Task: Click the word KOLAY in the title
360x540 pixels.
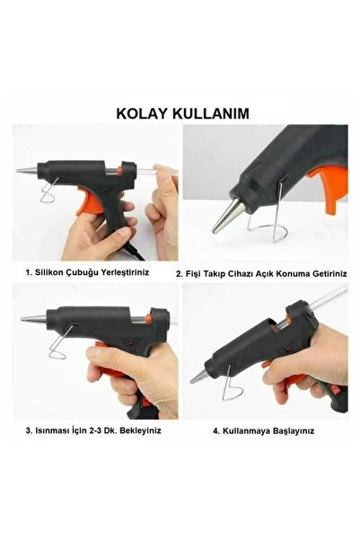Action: click(142, 113)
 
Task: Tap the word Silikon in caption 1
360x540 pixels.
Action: click(49, 272)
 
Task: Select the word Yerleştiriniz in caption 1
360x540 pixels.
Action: click(125, 272)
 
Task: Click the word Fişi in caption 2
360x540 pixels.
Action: click(192, 274)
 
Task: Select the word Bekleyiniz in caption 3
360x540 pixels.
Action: click(140, 430)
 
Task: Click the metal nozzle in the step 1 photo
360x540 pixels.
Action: click(28, 170)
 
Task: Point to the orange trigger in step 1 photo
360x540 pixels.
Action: click(90, 200)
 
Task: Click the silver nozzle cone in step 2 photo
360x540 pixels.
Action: click(225, 215)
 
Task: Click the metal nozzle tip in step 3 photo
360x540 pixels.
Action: click(33, 319)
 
